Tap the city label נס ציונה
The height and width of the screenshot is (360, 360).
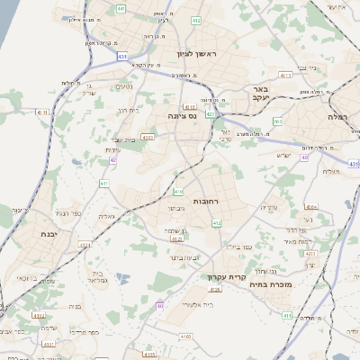click(182, 116)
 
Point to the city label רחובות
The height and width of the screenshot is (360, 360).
click(207, 203)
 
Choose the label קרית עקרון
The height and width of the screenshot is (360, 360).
click(228, 277)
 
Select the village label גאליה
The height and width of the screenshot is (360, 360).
click(105, 217)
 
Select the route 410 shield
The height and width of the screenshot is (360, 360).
click(179, 192)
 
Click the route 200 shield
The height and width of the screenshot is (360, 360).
click(278, 121)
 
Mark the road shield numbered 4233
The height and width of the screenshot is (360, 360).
click(310, 254)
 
